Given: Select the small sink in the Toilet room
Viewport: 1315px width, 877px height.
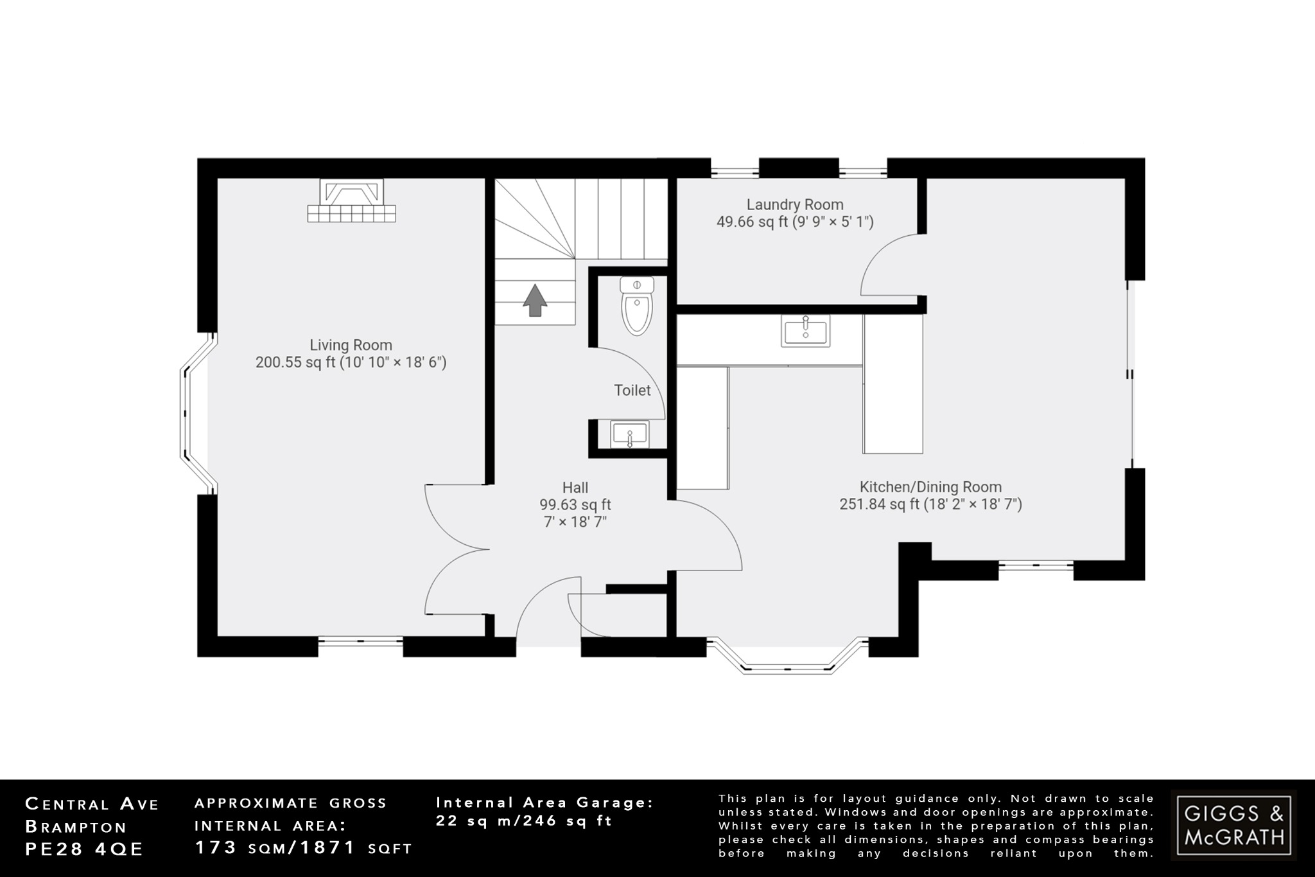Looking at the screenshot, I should (629, 434).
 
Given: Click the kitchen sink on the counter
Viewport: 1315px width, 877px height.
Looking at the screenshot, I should (805, 330).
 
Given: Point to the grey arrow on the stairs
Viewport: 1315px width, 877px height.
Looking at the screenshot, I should (534, 301).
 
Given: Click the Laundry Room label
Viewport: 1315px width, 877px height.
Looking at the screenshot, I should (794, 205).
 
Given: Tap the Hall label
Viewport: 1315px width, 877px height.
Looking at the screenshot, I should (575, 488).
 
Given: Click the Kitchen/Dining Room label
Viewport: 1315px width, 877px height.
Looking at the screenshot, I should (930, 487).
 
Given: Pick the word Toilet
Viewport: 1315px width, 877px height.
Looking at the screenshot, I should (632, 390).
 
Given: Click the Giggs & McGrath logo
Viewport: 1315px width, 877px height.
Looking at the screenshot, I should (1233, 825).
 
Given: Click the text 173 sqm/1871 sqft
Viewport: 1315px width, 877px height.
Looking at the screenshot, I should (303, 848).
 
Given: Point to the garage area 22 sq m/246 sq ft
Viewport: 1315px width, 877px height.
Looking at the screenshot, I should (524, 820).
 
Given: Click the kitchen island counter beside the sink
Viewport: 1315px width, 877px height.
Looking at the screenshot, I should (893, 384).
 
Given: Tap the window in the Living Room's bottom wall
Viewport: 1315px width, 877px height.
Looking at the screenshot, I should (360, 640).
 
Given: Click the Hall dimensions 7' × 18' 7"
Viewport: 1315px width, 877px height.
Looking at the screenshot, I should (575, 522).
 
